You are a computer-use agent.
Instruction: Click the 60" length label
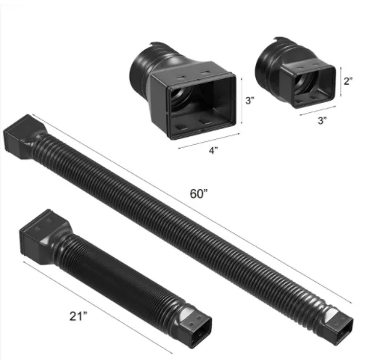coord(199,193)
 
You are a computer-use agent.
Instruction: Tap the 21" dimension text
coord(78,317)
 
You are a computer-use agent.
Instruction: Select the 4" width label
coord(213,151)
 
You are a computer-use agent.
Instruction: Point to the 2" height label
coord(348,81)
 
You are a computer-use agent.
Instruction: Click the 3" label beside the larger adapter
coord(250,101)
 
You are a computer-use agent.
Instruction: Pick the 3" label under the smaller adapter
coord(322,120)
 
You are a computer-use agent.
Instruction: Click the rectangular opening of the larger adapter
coord(202,106)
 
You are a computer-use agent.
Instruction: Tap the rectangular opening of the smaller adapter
coord(314,86)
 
